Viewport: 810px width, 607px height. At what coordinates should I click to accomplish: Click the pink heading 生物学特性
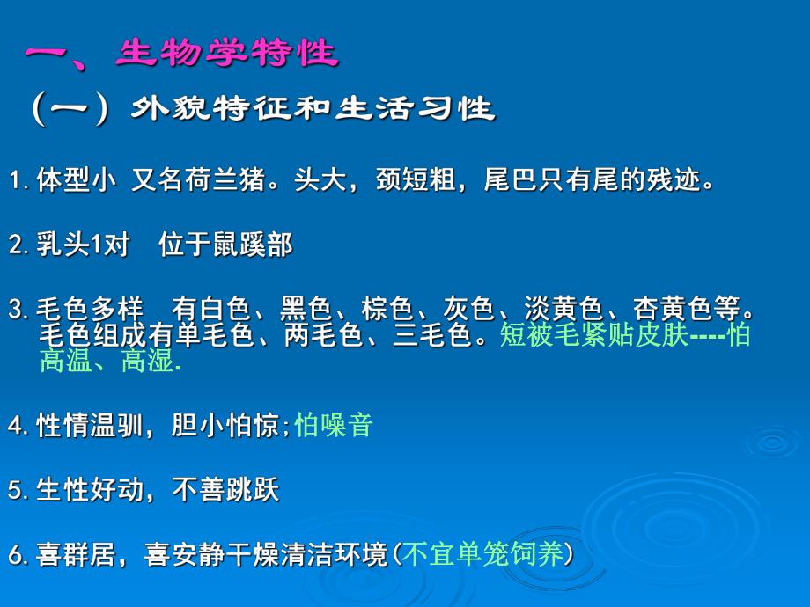(x=226, y=54)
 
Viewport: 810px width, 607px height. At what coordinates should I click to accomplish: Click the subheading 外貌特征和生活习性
(x=313, y=110)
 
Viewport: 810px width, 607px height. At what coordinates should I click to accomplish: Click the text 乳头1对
(x=82, y=245)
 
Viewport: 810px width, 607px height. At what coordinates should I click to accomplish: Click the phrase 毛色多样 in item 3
(x=89, y=311)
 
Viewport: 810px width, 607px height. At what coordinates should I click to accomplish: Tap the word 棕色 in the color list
(x=387, y=311)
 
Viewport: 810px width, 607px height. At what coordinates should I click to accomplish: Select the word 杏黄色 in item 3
(x=673, y=311)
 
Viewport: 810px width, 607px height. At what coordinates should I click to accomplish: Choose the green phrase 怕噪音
(x=335, y=426)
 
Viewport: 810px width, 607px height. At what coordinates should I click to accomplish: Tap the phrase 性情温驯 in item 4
(x=89, y=426)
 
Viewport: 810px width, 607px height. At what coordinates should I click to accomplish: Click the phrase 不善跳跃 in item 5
(x=225, y=490)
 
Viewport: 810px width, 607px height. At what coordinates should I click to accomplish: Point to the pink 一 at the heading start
(x=54, y=55)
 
